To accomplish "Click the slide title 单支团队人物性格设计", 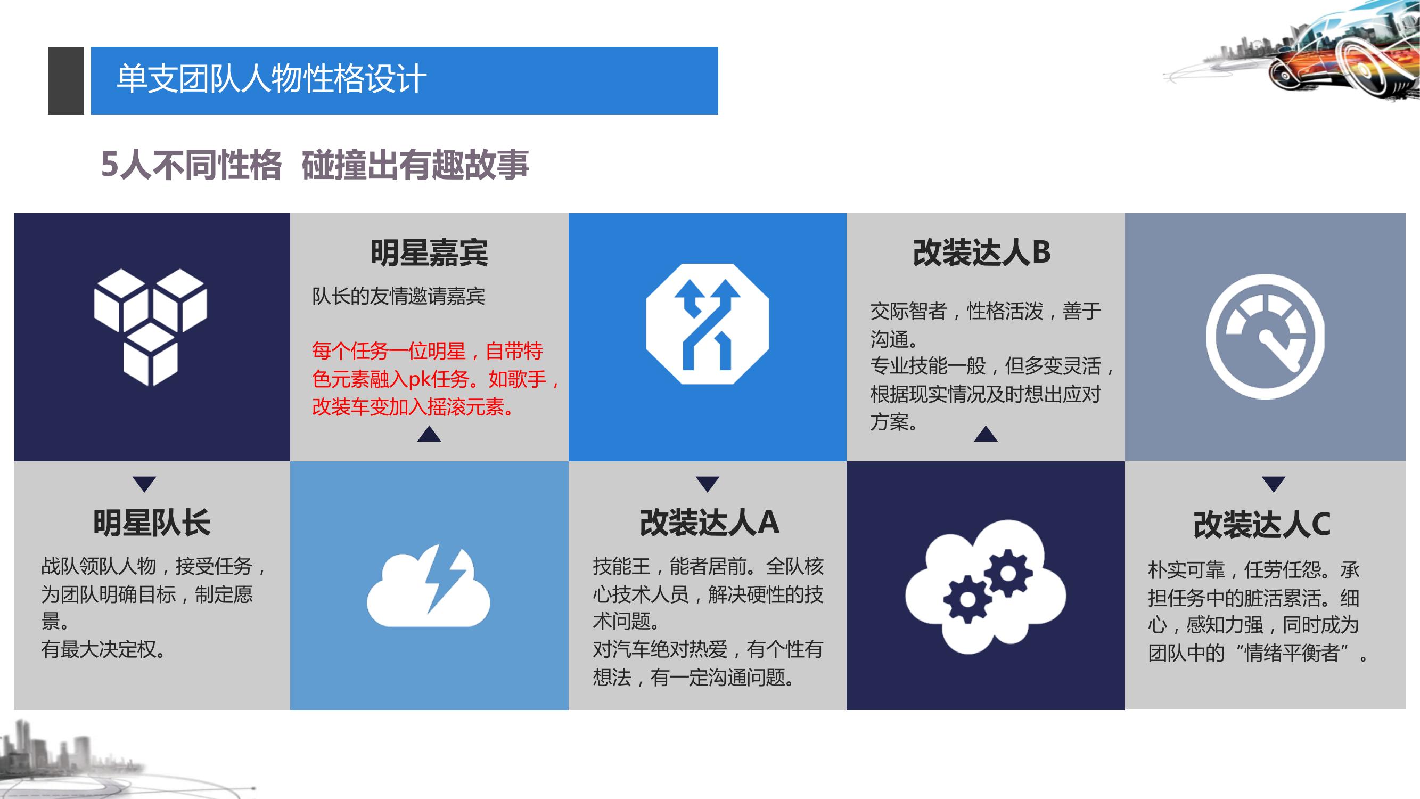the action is [272, 79].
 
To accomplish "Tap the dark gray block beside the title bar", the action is [66, 80].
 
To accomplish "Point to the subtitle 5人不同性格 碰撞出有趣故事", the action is [315, 165].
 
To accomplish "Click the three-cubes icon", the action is [151, 327].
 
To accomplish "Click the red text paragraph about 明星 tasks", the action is [436, 379].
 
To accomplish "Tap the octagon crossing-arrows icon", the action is [707, 324].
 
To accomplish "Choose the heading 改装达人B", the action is [982, 252].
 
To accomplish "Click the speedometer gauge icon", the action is [1265, 336].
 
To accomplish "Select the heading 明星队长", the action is [152, 523].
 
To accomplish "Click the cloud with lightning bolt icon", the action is [428, 585].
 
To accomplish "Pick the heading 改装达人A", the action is [709, 523].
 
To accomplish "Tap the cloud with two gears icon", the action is [985, 594].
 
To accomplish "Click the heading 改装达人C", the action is [1262, 524].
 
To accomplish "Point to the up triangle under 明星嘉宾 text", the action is [429, 434].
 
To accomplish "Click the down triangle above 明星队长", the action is [144, 484].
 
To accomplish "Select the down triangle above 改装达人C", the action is [1274, 484].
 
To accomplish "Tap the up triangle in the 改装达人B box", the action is [986, 434].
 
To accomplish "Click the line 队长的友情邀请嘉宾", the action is [399, 297].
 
